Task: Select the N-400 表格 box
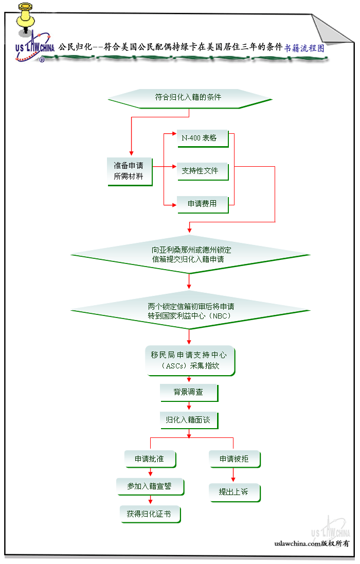pos(202,138)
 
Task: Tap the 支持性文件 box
pos(202,171)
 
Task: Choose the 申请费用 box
pos(202,204)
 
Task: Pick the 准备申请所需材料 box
pos(129,171)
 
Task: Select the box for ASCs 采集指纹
pos(190,360)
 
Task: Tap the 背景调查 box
pos(188,392)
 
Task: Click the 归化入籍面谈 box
pos(188,420)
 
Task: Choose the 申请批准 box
pos(150,459)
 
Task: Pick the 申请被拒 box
pos(234,459)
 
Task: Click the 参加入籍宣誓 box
pos(150,486)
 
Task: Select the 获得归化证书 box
pos(150,514)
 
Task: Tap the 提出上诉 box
pos(234,492)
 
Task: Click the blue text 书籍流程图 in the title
pos(304,48)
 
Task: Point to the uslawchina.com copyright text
pos(312,543)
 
